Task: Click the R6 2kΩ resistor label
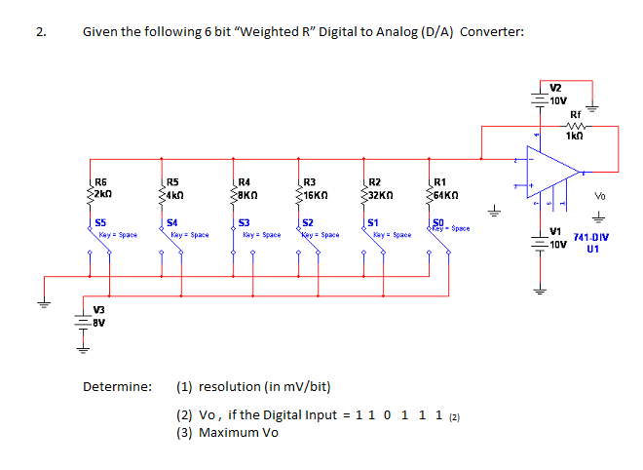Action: coord(101,187)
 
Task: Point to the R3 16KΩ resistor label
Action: coord(314,187)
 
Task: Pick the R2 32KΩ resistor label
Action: coord(380,187)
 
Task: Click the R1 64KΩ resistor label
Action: coord(443,187)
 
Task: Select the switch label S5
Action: coord(100,223)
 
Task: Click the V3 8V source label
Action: coord(99,314)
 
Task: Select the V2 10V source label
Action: coord(557,94)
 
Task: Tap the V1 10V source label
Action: coord(557,236)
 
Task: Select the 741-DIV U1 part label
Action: coord(591,242)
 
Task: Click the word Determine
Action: coord(118,386)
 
